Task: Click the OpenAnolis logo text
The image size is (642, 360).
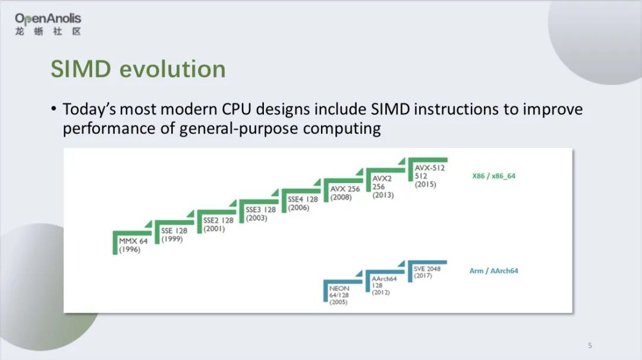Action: (48, 18)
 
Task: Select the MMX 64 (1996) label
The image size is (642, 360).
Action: (133, 245)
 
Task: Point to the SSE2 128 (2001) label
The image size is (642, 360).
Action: (218, 224)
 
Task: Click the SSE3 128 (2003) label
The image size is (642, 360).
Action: (260, 214)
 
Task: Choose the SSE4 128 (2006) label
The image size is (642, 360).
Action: (302, 204)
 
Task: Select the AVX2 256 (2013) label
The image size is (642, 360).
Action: (383, 187)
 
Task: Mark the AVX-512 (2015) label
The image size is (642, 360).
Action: (429, 176)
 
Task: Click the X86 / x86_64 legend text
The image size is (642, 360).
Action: (495, 176)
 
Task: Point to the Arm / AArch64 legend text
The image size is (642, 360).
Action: (493, 271)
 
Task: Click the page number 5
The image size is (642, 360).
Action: (590, 345)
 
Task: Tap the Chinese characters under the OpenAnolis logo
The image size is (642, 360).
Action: (48, 31)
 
